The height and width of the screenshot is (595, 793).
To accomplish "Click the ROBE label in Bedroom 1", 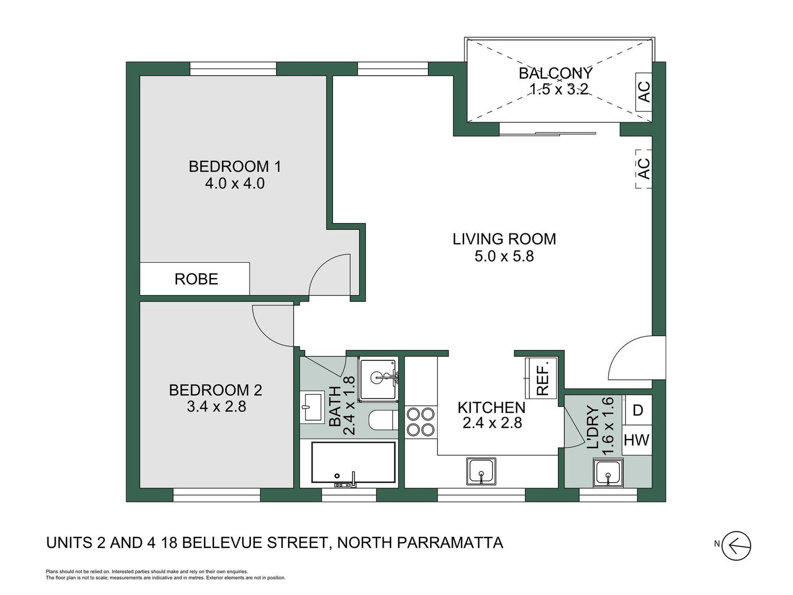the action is click(x=196, y=279).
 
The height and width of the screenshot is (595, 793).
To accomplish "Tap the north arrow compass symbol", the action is click(x=736, y=546).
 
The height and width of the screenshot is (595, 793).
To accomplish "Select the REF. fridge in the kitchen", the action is click(x=541, y=378).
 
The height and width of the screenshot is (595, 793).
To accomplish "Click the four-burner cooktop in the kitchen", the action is click(x=421, y=422).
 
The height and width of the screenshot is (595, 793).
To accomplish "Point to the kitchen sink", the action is click(x=481, y=471).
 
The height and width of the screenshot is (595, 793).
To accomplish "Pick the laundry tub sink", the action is click(x=608, y=473).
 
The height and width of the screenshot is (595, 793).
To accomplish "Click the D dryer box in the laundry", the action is click(x=637, y=410).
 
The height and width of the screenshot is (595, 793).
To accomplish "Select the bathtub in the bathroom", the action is click(x=353, y=464).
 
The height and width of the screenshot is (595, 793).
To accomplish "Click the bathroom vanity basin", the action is click(x=312, y=406).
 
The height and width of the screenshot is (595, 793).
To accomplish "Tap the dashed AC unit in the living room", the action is click(x=644, y=169).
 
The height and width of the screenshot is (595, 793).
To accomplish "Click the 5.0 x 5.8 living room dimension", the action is click(x=504, y=256).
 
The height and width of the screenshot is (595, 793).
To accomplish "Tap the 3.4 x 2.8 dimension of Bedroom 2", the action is click(x=216, y=406).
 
